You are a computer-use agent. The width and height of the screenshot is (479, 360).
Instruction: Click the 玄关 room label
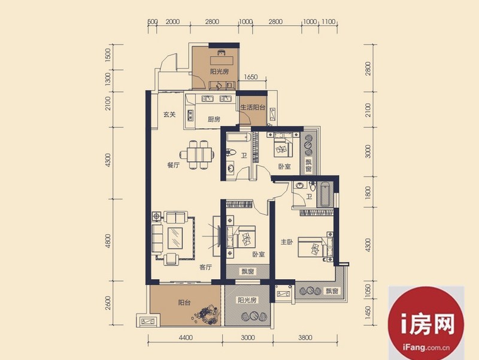pos(169,114)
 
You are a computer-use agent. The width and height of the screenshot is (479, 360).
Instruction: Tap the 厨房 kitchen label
pos(214,119)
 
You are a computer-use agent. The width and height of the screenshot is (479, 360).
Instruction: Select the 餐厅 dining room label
pos(173,165)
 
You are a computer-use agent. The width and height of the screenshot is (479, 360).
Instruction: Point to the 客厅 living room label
pos(205,267)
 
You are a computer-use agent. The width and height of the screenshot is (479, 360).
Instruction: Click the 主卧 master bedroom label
pos(287,242)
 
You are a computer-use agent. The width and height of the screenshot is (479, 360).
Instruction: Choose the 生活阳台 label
pos(253,107)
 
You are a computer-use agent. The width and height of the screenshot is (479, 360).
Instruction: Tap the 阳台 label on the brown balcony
pos(184,302)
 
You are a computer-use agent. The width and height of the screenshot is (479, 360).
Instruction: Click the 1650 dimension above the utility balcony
pos(251,77)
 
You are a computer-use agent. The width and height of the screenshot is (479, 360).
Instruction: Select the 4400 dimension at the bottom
pos(186,338)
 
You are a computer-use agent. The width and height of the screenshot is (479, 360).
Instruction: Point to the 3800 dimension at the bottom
pos(305,338)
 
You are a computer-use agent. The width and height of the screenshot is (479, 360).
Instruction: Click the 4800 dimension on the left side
pos(108,241)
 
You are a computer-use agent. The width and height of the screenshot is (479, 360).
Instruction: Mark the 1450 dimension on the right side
pos(368,313)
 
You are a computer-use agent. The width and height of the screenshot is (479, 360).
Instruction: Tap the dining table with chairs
pos(196,155)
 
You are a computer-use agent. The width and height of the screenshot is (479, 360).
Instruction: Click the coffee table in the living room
pos(175,238)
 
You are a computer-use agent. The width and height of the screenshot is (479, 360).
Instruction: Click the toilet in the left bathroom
pos(231,152)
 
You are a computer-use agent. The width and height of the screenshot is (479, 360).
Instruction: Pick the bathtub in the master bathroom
pos(325,194)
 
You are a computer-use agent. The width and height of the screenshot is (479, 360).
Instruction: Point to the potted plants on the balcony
pos(206,314)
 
